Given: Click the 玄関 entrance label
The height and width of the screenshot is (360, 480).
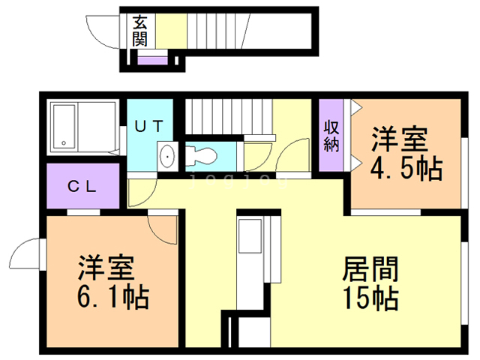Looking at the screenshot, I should pyautogui.click(x=140, y=31).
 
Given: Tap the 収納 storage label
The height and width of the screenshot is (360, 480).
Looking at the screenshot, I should pyautogui.click(x=331, y=136).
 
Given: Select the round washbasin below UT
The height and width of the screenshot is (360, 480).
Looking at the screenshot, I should pyautogui.click(x=166, y=157).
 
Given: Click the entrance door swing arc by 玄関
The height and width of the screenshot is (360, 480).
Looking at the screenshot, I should pyautogui.click(x=100, y=31).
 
